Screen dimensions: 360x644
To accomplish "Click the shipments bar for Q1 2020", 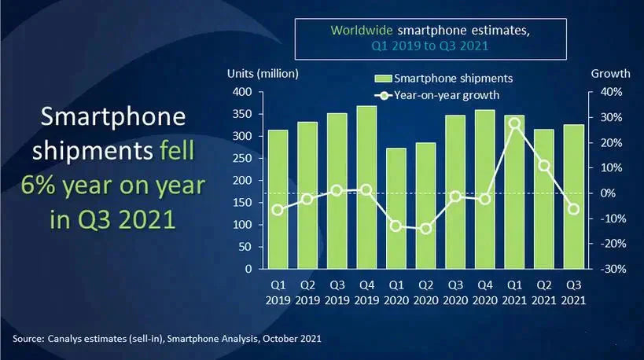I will pos(396,208).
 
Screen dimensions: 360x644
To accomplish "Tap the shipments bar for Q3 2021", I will pos(574,197).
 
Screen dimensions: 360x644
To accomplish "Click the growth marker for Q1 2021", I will pos(515,123).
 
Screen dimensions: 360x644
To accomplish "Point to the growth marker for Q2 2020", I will pos(426,229).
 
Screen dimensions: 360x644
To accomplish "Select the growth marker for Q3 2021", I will pos(574,209).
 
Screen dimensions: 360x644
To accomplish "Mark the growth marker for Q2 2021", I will pos(544,166).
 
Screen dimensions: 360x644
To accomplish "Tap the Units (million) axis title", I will pos(263,73).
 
